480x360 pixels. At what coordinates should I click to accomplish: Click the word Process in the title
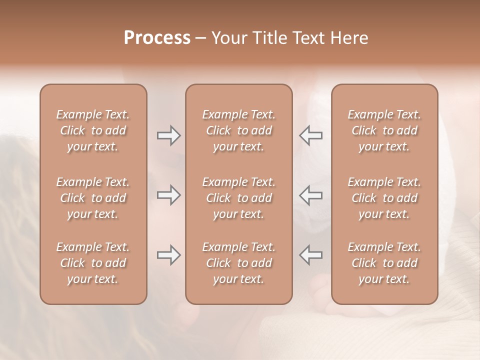point(157,38)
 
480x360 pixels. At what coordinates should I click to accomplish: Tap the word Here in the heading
point(348,38)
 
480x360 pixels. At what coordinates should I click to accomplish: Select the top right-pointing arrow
point(168,135)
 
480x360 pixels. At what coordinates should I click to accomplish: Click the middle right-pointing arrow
point(168,195)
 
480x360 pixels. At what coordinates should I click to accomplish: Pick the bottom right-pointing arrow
point(168,255)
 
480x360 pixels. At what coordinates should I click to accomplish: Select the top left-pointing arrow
point(310,135)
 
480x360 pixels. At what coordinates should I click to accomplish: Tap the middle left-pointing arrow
point(310,195)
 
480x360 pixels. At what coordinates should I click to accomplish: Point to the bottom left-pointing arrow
point(310,255)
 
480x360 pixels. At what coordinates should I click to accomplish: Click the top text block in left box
point(93,130)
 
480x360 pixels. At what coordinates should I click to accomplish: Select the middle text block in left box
point(93,198)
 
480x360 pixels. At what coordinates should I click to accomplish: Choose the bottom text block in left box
point(93,263)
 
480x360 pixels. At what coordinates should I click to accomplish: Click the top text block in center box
point(239,130)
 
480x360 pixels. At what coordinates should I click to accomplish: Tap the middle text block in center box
point(239,198)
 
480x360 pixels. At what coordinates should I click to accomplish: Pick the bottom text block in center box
point(239,263)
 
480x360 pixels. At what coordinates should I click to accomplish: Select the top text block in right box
point(384,130)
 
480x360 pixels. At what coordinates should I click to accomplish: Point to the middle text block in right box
point(384,198)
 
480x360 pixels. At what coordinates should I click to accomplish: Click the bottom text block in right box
point(384,263)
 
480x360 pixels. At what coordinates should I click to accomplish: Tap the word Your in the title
point(228,38)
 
